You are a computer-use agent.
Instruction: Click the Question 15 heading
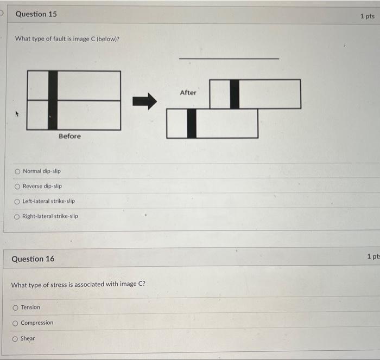[x=36, y=14]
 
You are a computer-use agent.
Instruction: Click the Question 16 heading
[x=33, y=259]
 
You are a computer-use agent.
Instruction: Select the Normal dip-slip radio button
[x=18, y=171]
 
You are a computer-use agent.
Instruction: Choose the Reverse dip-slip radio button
[x=18, y=186]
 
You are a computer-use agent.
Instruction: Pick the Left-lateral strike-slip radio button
[x=18, y=201]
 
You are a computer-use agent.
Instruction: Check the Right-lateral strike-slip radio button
[x=18, y=216]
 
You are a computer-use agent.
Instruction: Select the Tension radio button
[x=16, y=307]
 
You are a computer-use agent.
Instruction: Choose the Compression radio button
[x=16, y=323]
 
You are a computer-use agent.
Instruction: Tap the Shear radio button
[x=16, y=339]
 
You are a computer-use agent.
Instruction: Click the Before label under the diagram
[x=69, y=136]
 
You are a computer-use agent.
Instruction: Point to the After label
[x=188, y=93]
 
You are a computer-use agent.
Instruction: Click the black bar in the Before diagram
[x=53, y=100]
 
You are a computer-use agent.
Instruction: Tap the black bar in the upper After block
[x=235, y=94]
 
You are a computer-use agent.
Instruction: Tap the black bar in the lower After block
[x=192, y=123]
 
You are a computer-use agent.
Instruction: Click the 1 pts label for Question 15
[x=367, y=16]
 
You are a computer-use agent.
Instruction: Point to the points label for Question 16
[x=372, y=256]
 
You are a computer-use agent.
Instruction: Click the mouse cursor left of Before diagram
[x=17, y=114]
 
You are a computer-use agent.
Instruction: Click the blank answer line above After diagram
[x=229, y=58]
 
